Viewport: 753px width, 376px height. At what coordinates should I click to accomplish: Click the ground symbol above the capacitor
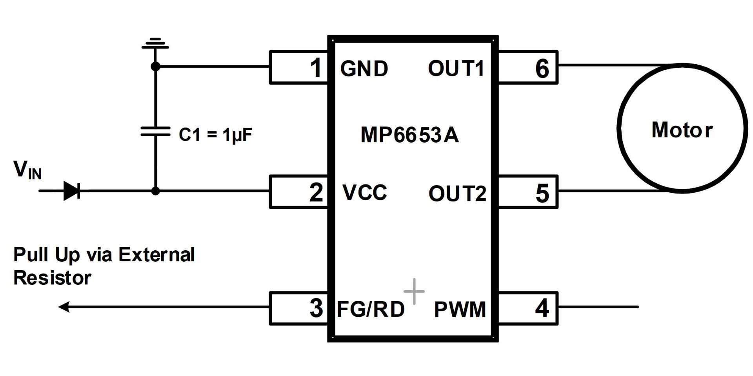pos(155,43)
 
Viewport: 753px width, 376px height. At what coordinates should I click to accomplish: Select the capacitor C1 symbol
pos(155,131)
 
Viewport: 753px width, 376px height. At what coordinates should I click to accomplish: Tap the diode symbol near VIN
pos(72,191)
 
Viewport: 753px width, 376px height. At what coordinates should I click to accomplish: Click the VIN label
pos(27,170)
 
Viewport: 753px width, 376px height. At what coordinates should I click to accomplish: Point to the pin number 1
pos(316,67)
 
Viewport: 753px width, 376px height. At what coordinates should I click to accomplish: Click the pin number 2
pos(316,192)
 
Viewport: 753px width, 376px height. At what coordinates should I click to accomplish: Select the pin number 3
pos(316,308)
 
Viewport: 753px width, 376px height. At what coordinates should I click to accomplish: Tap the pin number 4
pos(542,308)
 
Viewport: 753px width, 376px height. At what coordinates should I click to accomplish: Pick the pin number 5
pos(542,193)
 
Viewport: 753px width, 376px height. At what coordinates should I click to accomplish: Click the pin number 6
pos(542,68)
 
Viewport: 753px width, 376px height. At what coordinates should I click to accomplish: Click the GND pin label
pos(364,69)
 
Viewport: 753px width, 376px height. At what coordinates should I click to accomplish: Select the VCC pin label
pos(365,192)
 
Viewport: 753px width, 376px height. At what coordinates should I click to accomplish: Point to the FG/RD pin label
pos(371,309)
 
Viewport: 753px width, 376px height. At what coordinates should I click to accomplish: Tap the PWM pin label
pos(460,309)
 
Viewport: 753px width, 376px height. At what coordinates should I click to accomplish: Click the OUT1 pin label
pos(456,68)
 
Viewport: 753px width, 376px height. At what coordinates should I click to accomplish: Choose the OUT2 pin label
pos(457,193)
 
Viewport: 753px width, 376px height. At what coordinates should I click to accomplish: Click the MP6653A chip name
pos(409,135)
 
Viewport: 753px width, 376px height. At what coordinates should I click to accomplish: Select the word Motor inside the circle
pos(682,130)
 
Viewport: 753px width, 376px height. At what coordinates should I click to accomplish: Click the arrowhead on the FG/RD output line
pos(64,307)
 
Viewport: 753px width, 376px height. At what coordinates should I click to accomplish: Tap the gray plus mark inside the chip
pos(414,291)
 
